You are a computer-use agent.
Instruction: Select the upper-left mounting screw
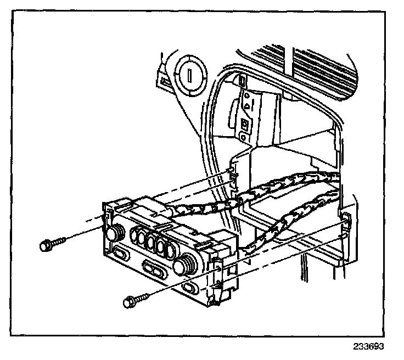[46, 245]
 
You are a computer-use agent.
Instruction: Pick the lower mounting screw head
[130, 301]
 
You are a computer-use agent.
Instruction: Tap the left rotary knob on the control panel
[114, 234]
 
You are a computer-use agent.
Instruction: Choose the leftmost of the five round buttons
[136, 237]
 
